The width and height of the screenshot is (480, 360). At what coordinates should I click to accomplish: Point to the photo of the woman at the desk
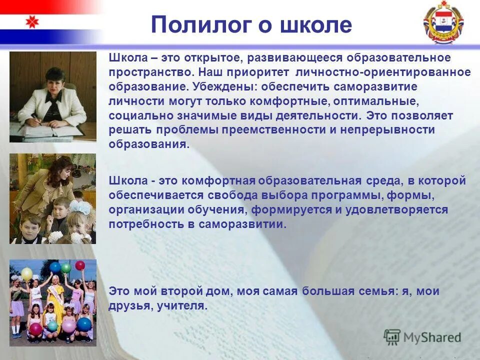[52, 97]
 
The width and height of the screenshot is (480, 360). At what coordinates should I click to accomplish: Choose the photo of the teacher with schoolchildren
[52, 198]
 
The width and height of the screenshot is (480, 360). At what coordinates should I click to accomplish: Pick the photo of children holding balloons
[52, 302]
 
